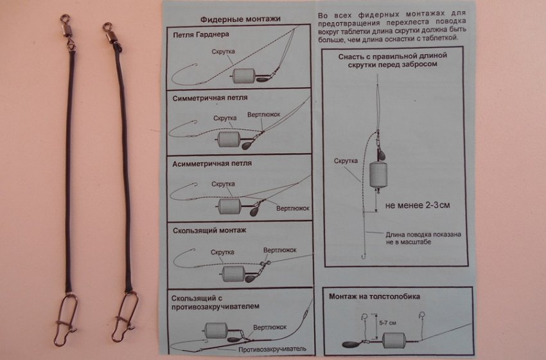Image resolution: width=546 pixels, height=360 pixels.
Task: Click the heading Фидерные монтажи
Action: click(240, 19)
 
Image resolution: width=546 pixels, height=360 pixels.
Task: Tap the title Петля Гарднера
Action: click(201, 35)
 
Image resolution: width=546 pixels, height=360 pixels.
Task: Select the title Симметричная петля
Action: click(210, 98)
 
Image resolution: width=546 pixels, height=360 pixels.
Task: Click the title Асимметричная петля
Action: click(212, 163)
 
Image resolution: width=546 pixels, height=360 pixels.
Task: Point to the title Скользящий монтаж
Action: click(209, 230)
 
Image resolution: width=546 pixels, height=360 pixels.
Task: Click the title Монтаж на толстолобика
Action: click(374, 296)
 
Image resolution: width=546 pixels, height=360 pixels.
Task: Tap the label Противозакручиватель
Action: click(272, 349)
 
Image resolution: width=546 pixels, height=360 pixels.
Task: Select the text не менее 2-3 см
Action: click(418, 205)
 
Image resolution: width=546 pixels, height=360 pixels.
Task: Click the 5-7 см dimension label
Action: click(387, 323)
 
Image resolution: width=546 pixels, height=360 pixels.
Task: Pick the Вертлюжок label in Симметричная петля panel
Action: click(263, 114)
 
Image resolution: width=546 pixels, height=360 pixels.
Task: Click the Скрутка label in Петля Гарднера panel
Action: click(223, 51)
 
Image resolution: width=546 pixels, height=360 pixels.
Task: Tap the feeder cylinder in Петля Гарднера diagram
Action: click(244, 76)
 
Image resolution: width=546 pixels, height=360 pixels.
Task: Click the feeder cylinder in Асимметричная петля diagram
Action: click(229, 206)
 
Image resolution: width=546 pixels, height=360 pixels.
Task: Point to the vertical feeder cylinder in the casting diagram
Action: click(378, 175)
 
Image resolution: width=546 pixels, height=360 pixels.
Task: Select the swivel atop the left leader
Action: click(67, 30)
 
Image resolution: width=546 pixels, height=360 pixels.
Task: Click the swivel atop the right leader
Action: click(111, 34)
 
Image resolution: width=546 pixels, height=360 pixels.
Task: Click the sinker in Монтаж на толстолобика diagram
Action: click(351, 344)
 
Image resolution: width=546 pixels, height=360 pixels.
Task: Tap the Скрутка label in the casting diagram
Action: click(346, 161)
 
